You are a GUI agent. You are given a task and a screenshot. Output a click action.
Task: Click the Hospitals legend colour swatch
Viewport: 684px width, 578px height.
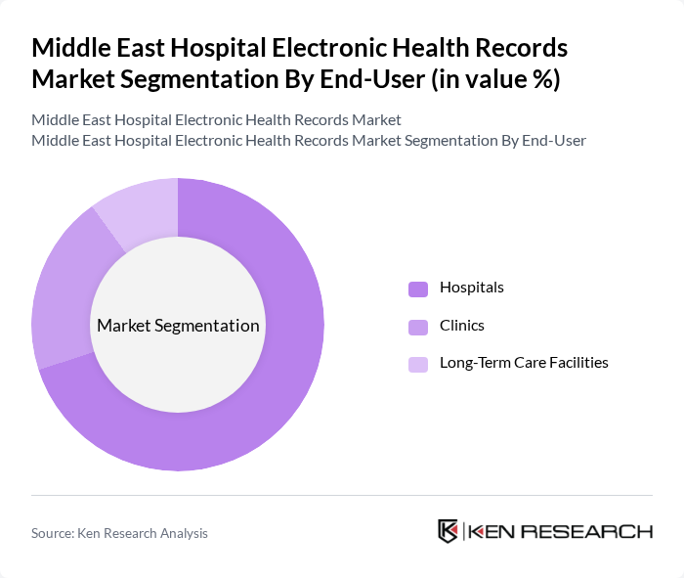pos(418,289)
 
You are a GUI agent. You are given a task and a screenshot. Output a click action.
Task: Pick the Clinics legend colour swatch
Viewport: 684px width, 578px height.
pos(418,326)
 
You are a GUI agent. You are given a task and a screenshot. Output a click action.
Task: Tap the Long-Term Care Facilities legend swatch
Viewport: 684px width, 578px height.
pos(418,364)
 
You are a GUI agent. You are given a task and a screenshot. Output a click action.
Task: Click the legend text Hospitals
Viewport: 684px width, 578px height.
pos(472,288)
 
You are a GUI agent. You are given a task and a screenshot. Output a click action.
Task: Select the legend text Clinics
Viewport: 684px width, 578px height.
pos(462,325)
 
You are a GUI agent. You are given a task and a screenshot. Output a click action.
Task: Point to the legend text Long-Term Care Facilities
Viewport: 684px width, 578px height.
pos(524,363)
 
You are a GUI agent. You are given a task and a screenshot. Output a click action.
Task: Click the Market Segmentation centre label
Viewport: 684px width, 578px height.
pos(178,326)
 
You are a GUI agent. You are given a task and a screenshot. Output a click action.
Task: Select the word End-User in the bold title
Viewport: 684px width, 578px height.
pos(371,79)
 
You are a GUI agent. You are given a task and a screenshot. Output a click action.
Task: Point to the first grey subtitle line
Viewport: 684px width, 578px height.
pos(216,120)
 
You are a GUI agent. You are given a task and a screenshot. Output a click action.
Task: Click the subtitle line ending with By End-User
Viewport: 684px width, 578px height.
pos(309,141)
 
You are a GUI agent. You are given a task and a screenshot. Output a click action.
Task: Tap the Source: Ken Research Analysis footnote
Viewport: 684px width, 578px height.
pos(119,533)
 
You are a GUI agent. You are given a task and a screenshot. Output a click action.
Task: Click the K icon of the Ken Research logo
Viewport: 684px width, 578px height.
pos(448,531)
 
